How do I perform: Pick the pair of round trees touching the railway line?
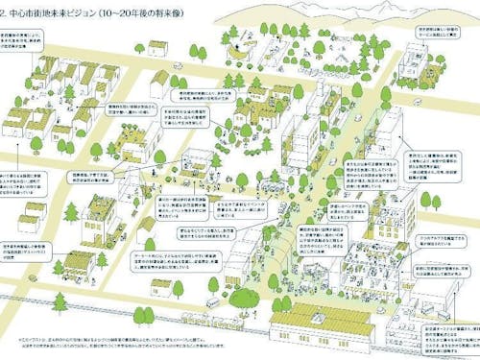click(x=144, y=314)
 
